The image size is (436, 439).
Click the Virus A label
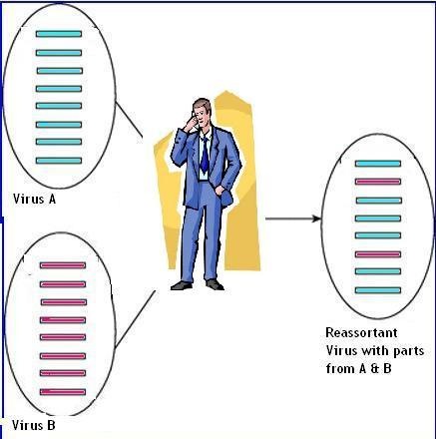(x=34, y=199)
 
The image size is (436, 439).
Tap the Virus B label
(x=34, y=425)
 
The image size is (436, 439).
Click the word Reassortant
(x=361, y=332)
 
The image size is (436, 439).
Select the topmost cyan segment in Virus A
(x=59, y=34)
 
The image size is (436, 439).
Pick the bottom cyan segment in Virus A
(x=59, y=161)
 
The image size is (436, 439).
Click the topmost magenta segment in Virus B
(x=63, y=265)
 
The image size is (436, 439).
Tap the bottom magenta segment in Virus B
(x=63, y=392)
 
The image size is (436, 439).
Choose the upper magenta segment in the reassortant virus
(x=378, y=182)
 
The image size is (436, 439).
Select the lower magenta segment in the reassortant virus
(x=378, y=254)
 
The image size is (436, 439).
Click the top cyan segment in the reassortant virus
(x=378, y=164)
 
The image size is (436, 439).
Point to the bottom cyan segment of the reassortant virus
(x=378, y=290)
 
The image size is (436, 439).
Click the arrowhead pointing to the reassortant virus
(x=317, y=219)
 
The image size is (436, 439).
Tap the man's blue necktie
(x=205, y=155)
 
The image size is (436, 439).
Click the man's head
(x=203, y=112)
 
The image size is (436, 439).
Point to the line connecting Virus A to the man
(x=129, y=119)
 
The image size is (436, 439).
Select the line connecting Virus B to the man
(x=135, y=319)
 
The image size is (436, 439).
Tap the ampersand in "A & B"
(x=375, y=368)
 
